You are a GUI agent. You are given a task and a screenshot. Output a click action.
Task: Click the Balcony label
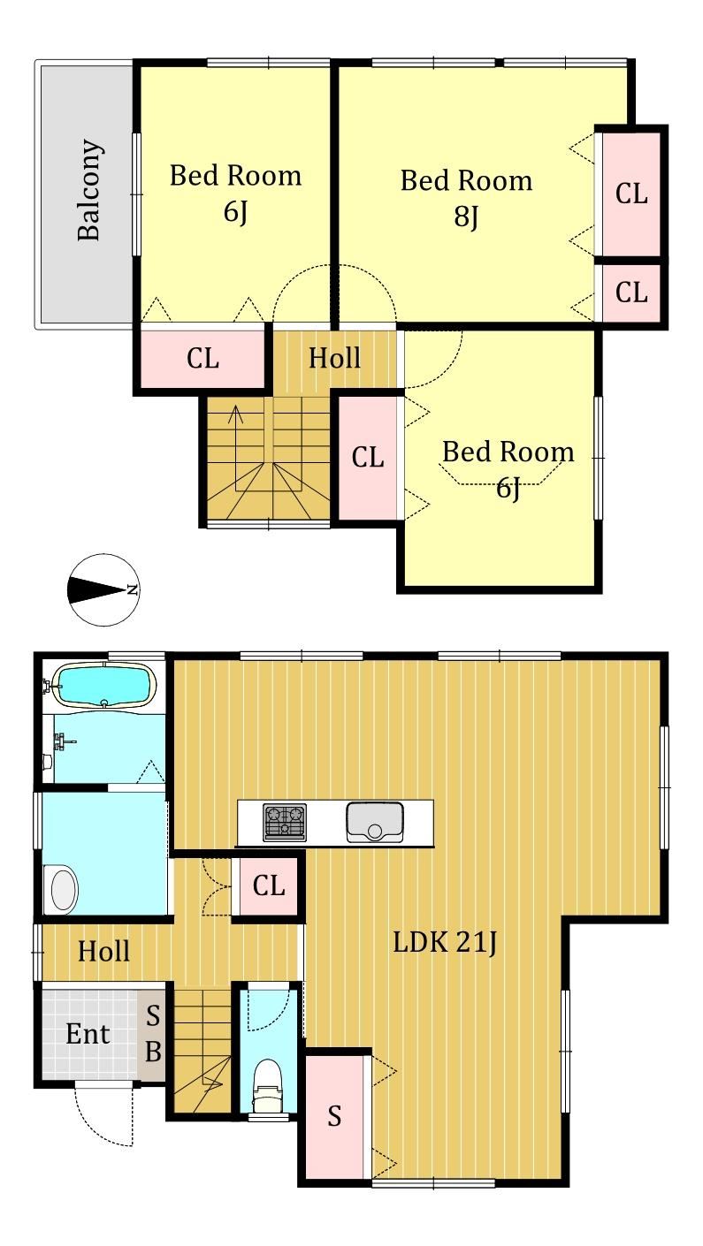90,190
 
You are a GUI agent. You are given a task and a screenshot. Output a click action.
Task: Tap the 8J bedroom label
466,198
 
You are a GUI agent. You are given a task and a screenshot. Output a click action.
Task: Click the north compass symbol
103,589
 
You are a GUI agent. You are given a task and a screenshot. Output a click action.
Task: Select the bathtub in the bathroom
103,686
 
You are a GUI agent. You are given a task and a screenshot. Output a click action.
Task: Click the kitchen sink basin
375,822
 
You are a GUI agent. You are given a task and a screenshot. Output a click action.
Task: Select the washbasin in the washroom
64,889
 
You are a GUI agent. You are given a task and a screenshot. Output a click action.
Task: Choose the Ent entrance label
88,1034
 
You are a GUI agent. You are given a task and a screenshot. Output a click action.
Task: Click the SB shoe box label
153,1034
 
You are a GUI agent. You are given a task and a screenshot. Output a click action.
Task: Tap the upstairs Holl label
334,358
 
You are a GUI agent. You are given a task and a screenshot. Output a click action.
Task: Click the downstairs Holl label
103,951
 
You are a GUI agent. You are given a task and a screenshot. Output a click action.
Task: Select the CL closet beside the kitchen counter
268,885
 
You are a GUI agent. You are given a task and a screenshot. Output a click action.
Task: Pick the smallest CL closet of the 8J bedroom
631,292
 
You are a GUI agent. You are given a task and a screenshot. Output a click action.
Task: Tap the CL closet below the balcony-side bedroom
202,358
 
